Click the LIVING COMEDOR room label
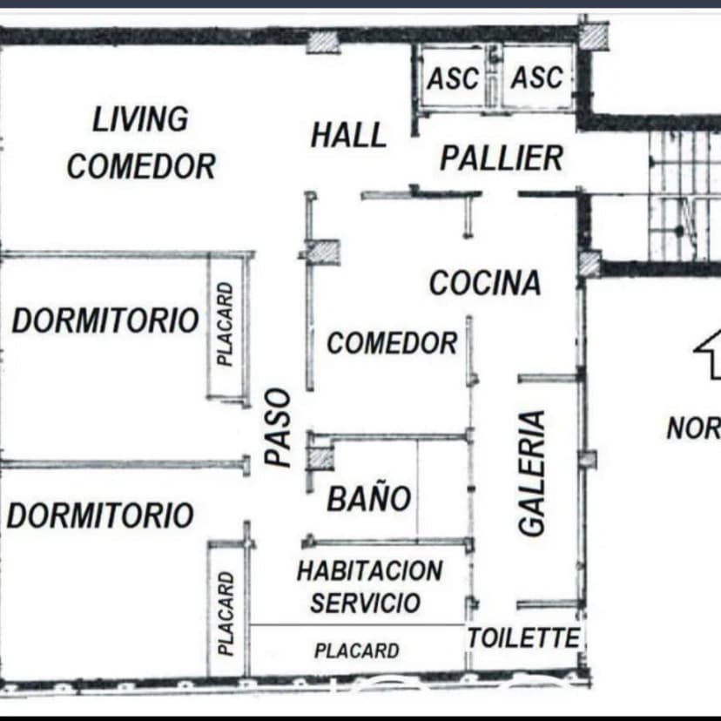pos(141,143)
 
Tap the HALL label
pos(348,135)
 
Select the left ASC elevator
pos(454,78)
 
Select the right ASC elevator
pos(537,77)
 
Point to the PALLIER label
pos(502,158)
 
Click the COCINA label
pos(485,282)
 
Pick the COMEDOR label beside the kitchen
pos(392,343)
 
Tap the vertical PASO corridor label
pos(278,428)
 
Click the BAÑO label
pos(369,497)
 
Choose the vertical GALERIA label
pos(532,473)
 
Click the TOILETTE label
pos(523,637)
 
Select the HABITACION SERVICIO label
pos(369,587)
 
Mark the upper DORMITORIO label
pos(105,320)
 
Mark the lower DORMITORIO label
pos(100,515)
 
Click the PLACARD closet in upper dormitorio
pos(226,324)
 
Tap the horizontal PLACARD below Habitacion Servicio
pos(357,650)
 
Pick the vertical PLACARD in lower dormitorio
pos(226,613)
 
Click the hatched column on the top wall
pos(323,43)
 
